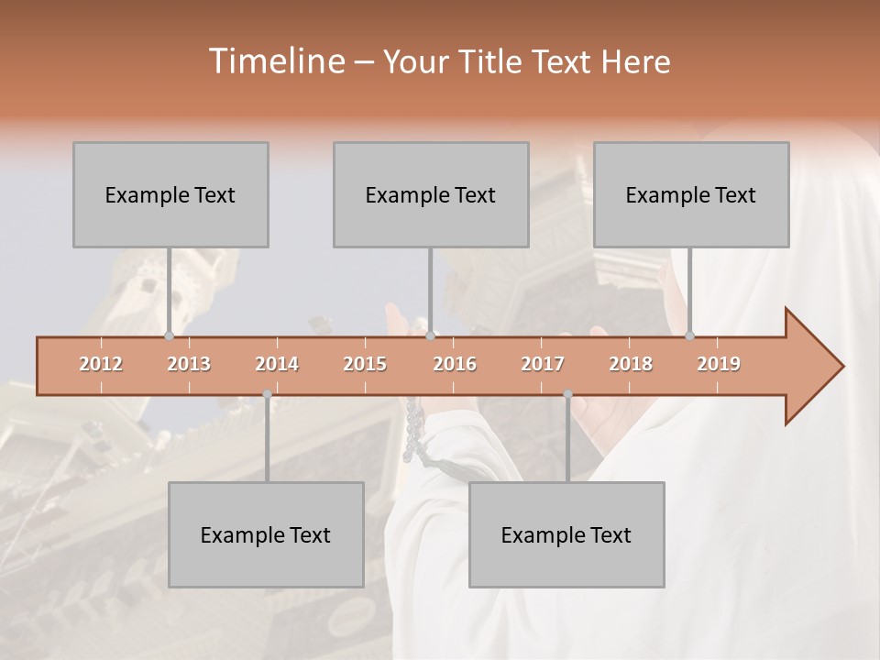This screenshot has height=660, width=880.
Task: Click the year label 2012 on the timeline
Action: point(101,364)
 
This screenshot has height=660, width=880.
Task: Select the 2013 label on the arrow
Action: point(189,364)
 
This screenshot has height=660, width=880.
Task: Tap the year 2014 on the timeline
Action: point(277,364)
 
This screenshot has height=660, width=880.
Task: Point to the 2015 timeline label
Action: point(365,364)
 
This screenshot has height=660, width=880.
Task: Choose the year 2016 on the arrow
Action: point(455,364)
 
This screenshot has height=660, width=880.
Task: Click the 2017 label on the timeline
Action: point(543,364)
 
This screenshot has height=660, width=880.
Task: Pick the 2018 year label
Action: point(631,364)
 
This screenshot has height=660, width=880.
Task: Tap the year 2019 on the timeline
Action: point(719,364)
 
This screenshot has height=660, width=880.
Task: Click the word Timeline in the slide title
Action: point(275,61)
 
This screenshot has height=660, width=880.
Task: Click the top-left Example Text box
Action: point(170,194)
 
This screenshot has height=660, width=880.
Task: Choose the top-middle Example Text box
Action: point(431,194)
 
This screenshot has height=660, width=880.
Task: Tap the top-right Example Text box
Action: point(691,194)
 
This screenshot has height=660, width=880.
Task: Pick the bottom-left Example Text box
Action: point(266,534)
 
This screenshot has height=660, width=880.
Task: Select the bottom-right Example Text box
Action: point(566,534)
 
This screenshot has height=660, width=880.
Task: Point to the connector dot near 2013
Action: point(169,336)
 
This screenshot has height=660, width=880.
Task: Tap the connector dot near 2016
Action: point(431,336)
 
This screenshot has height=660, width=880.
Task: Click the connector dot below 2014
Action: point(267,394)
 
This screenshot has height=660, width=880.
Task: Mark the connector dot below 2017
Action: point(567,394)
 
